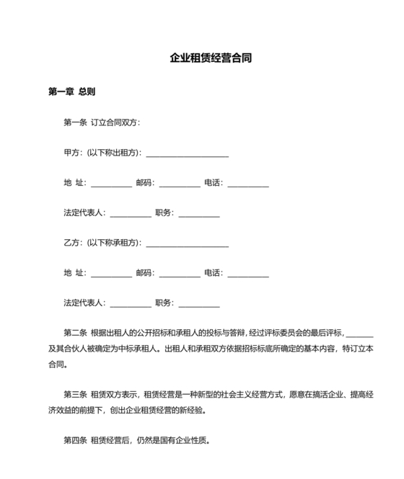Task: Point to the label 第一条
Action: pos(75,122)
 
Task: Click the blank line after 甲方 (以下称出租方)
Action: pos(187,154)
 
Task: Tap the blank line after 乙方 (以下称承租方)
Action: pos(187,243)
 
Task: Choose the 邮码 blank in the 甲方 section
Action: pos(179,184)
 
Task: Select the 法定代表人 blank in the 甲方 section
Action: pos(131,214)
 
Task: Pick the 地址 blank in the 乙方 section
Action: pos(111,274)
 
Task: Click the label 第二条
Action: pos(75,333)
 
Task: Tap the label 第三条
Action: pos(75,395)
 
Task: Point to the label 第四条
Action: pos(75,440)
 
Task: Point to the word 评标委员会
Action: pos(289,333)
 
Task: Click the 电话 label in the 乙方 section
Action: pos(213,274)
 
